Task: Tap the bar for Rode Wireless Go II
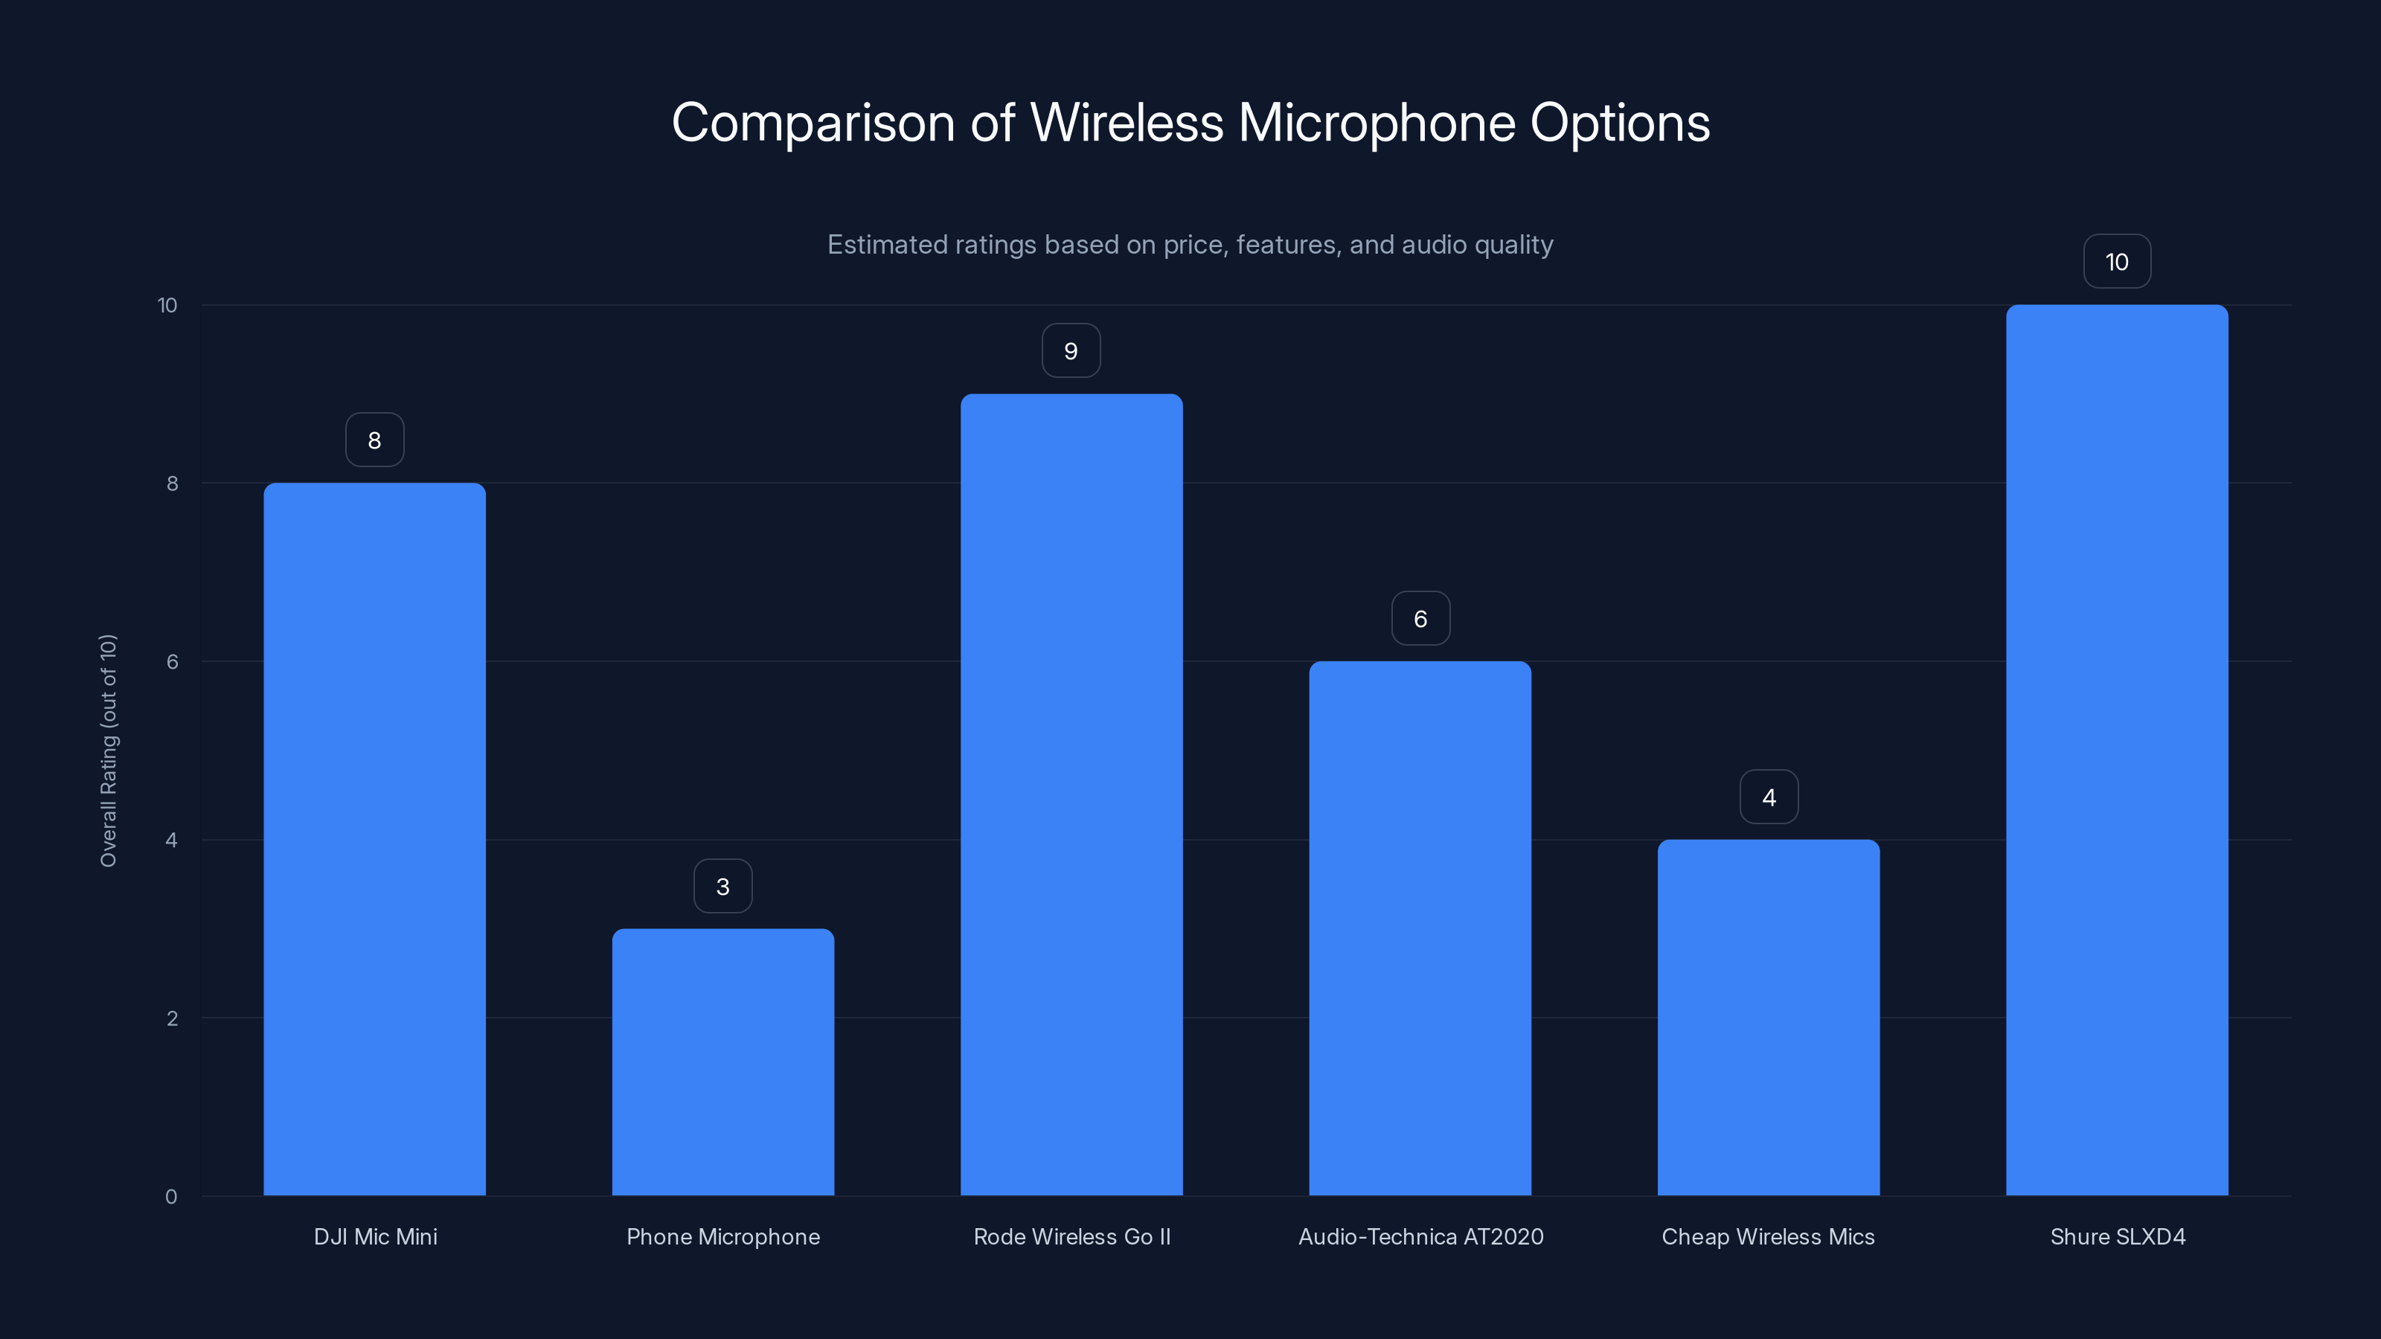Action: click(x=1071, y=794)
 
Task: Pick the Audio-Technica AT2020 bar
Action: click(x=1420, y=928)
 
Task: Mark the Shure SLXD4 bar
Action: click(x=2117, y=749)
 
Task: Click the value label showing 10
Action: click(x=2117, y=262)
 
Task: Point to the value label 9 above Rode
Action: click(x=1071, y=351)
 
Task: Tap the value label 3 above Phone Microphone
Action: click(x=722, y=886)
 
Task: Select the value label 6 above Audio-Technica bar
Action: click(x=1420, y=618)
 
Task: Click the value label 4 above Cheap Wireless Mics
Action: click(x=1768, y=797)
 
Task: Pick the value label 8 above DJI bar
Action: click(x=374, y=440)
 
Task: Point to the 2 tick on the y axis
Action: click(x=172, y=1018)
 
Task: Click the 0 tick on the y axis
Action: click(x=171, y=1197)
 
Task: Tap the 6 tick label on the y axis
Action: click(x=172, y=661)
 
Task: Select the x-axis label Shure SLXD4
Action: click(x=2117, y=1236)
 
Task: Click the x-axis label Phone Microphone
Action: click(x=722, y=1236)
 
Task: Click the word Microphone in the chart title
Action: click(x=1377, y=123)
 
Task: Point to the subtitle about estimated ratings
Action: click(x=1190, y=245)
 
